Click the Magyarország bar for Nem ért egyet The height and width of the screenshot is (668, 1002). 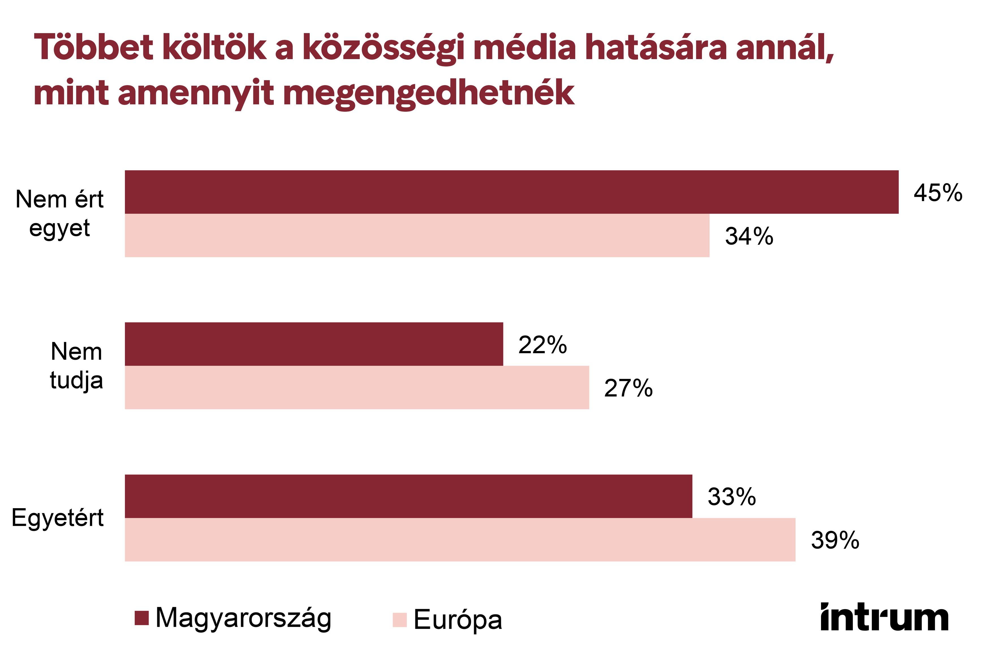point(511,192)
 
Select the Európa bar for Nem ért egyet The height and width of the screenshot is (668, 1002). point(417,236)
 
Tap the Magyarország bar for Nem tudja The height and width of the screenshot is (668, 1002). point(314,344)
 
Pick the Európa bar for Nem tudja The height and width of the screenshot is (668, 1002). point(357,388)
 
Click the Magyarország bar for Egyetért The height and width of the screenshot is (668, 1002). point(408,496)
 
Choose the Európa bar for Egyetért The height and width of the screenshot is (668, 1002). point(460,540)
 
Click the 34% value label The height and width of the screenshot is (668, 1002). point(749,236)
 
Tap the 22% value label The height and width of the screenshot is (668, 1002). point(542,345)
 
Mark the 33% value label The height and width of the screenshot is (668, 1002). point(731,497)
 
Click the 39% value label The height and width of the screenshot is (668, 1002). point(835,540)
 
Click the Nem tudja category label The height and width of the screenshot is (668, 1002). point(76,365)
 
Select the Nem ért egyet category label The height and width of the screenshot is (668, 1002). point(60,214)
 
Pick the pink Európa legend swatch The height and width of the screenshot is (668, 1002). point(400,620)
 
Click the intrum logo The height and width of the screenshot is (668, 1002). point(884,617)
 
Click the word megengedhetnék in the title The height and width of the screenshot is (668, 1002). point(428,93)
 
